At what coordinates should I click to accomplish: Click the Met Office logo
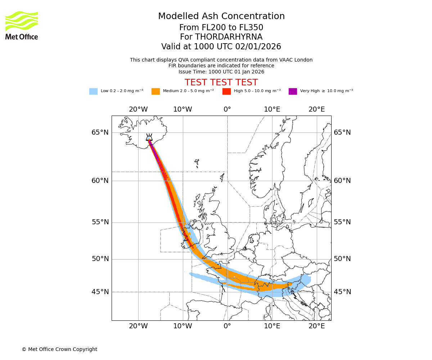tap(22, 25)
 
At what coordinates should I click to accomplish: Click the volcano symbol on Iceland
tap(149, 137)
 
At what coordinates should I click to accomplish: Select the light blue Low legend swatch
tap(93, 91)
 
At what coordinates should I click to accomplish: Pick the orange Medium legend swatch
tap(156, 91)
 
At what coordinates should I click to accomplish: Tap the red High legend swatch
tap(226, 91)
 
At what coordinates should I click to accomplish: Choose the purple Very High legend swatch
tap(293, 91)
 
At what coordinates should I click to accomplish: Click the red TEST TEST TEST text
tap(221, 82)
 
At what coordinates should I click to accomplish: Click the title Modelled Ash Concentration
tap(221, 16)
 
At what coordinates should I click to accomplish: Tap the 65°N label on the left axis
tap(100, 132)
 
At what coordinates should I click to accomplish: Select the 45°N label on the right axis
tap(342, 292)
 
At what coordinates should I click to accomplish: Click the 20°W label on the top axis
tap(138, 109)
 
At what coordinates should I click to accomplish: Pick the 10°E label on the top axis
tap(272, 109)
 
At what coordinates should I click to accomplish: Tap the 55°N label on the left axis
tap(100, 222)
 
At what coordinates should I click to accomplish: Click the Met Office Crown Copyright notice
tap(59, 349)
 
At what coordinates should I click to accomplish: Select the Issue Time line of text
tap(221, 72)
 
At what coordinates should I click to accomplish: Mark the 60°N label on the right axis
tap(342, 181)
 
